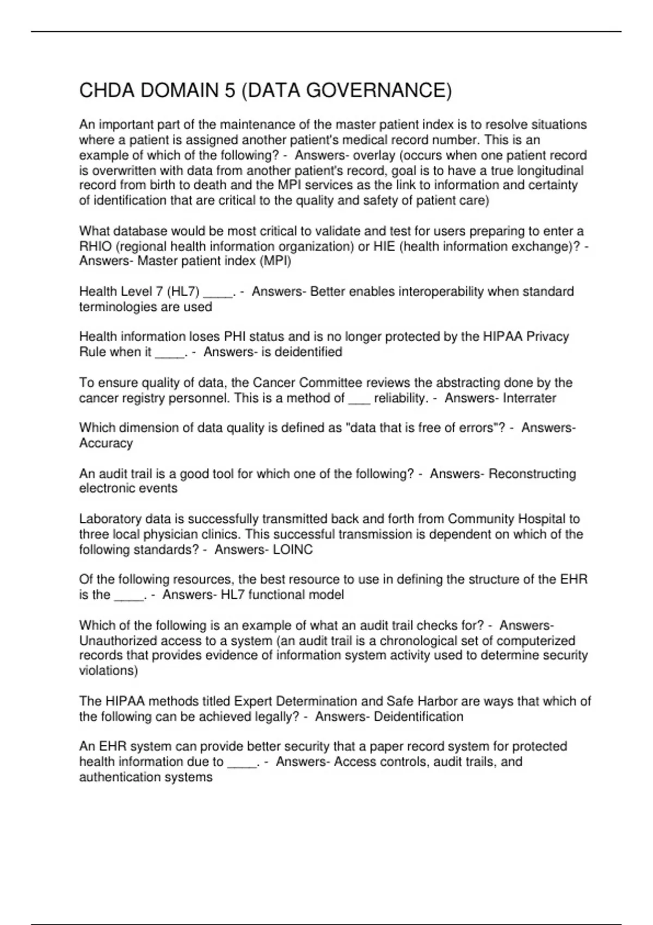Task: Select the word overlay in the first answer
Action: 375,155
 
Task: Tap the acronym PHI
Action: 236,337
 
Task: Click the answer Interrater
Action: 529,398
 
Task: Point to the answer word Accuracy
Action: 106,443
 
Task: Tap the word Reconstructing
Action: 532,474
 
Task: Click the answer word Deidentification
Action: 418,717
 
